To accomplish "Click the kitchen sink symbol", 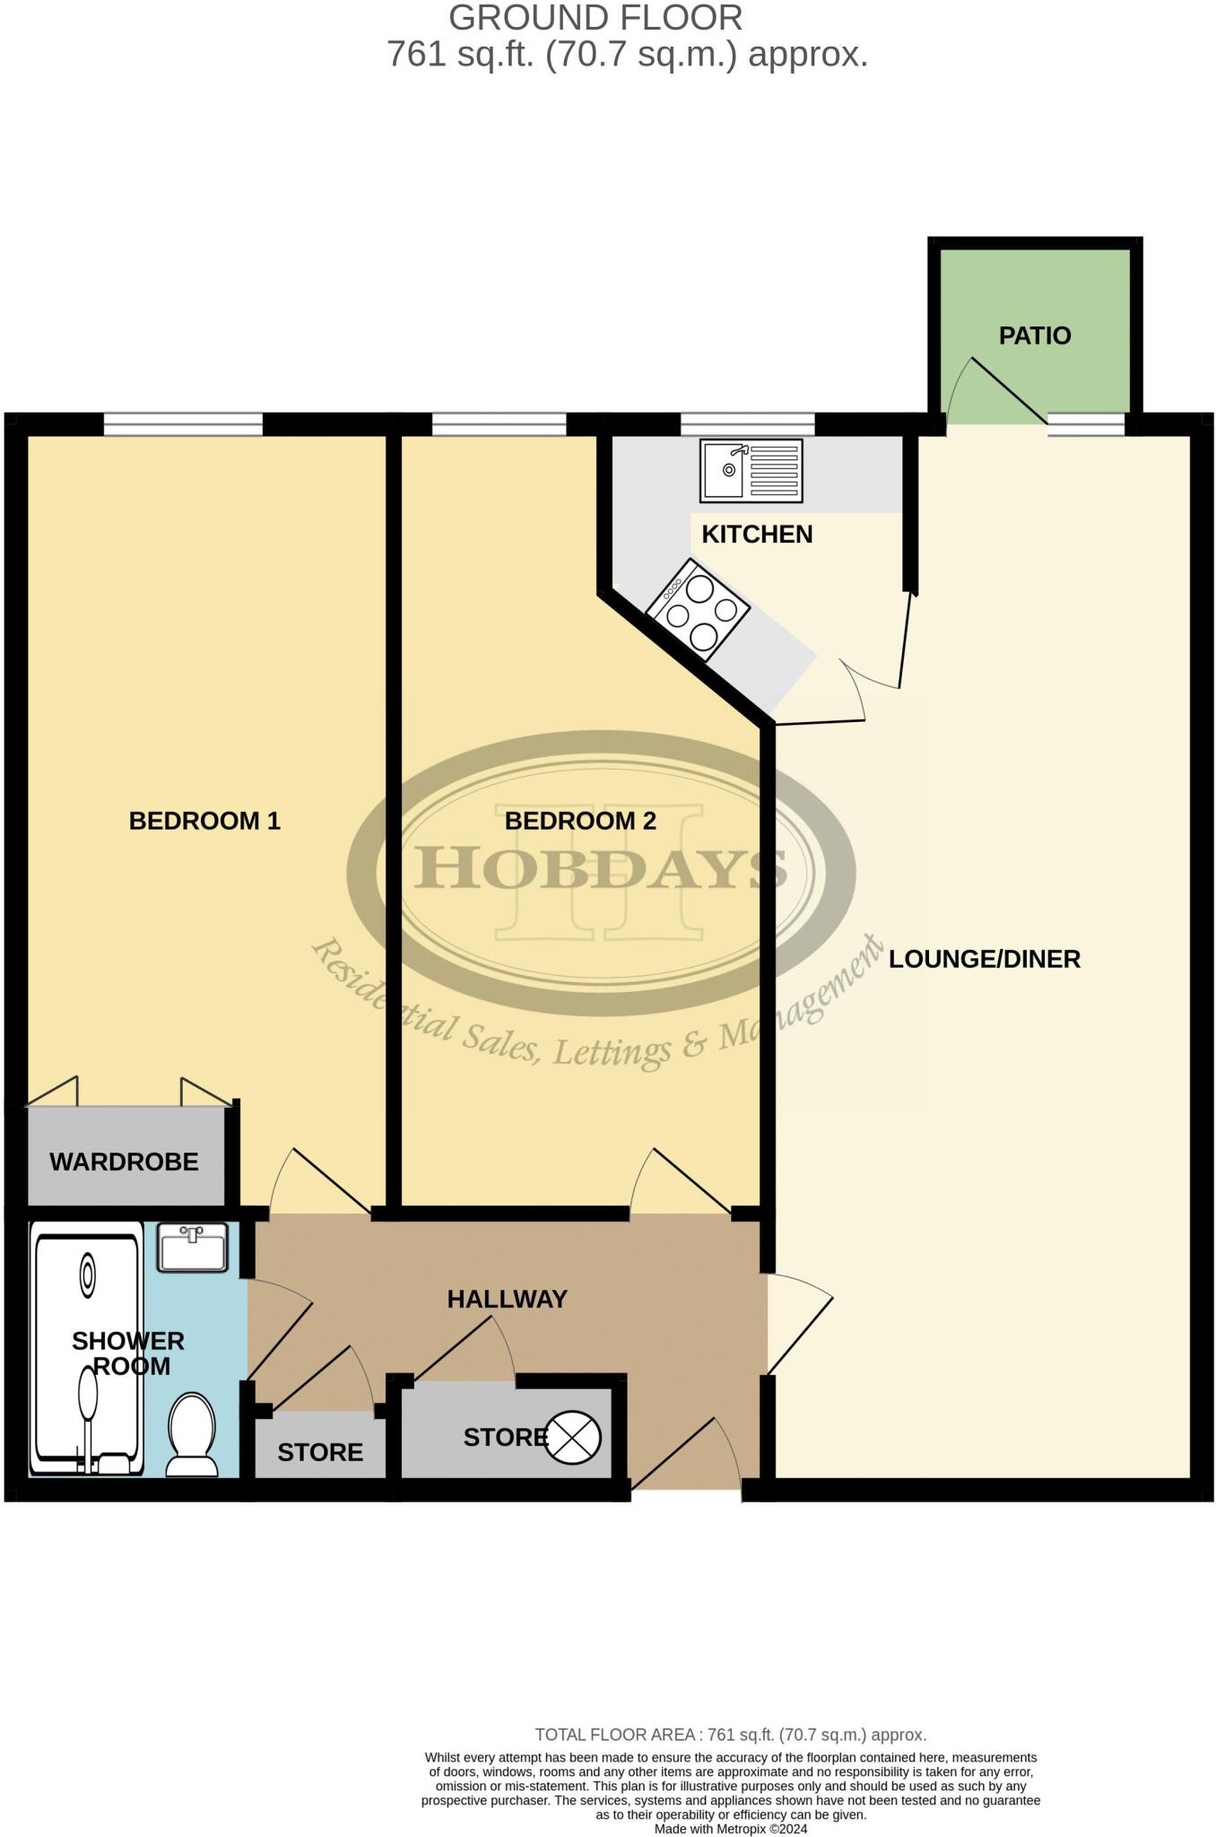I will click(x=751, y=471).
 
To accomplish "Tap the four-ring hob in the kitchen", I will click(x=698, y=610).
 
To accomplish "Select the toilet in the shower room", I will click(x=191, y=1433).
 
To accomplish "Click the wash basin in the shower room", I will click(x=193, y=1248).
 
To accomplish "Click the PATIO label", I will click(x=1035, y=335).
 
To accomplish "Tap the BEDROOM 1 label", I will click(x=204, y=821).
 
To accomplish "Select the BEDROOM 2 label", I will click(x=580, y=821).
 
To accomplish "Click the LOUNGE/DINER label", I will click(x=984, y=959).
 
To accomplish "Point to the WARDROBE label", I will click(x=124, y=1162).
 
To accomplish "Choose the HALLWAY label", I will click(x=507, y=1299).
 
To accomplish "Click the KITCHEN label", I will click(x=757, y=534).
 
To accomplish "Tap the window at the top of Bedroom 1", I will click(x=183, y=423).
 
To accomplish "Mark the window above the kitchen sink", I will click(x=747, y=423).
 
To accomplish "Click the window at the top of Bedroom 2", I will click(x=499, y=423).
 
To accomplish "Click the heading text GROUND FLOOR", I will click(x=595, y=18).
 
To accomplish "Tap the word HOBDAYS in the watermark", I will click(x=601, y=868).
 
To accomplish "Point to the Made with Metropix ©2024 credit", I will click(x=731, y=1829).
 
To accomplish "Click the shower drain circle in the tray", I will click(x=88, y=1274).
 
